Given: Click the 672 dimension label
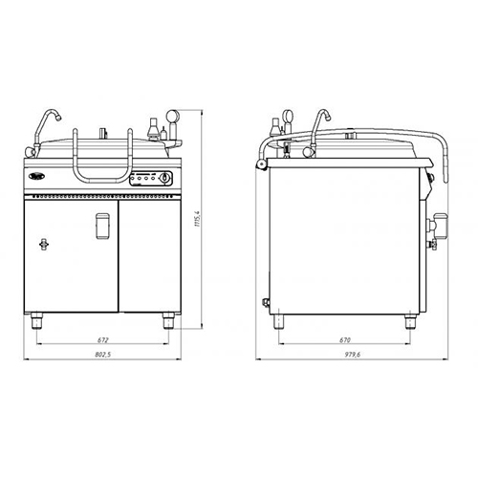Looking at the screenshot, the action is point(103,340).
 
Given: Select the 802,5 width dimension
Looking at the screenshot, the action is point(103,355).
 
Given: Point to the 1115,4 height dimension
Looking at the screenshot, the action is point(197,219).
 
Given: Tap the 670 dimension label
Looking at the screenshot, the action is point(345,340).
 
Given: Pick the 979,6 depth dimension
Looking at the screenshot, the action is point(352,355).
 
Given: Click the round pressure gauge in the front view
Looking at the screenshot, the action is point(173,116).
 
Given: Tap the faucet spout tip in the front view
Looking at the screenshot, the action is point(58,118).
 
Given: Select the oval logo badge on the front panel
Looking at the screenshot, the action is point(35,176).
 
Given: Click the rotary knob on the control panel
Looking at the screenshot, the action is point(164,178).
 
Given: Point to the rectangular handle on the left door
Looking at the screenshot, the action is point(103,226).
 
